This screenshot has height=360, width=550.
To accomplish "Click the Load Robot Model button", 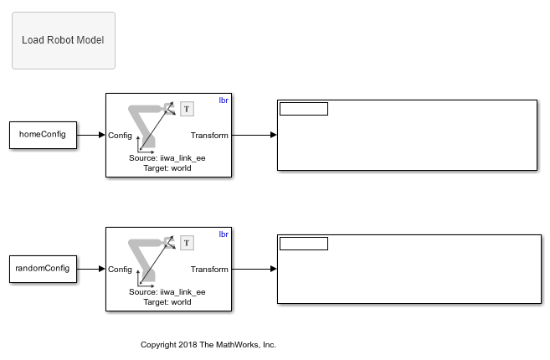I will click(x=63, y=40).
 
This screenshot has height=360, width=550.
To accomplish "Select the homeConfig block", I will click(x=42, y=135).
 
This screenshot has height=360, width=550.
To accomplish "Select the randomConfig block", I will click(x=42, y=269).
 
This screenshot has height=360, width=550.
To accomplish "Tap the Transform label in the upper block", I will click(x=209, y=135).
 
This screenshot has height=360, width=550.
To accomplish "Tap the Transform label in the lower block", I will click(x=209, y=269).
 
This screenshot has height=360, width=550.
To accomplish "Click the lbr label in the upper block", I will click(x=224, y=100).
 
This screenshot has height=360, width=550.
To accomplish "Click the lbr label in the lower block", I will click(x=224, y=234).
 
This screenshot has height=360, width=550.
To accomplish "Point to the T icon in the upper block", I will click(x=187, y=108).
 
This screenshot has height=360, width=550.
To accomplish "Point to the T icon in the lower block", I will click(x=187, y=242).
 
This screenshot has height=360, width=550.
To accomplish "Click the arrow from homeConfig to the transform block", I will click(x=90, y=135).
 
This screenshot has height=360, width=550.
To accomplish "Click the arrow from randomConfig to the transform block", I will click(x=90, y=269).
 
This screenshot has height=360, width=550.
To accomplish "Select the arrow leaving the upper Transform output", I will click(x=254, y=135).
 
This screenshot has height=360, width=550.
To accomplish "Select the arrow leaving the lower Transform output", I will click(x=254, y=269).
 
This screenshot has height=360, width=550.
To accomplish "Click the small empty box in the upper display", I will click(x=303, y=109).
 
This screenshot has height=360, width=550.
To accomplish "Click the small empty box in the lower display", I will click(x=303, y=244).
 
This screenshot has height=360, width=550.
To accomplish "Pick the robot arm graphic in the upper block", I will click(x=147, y=125).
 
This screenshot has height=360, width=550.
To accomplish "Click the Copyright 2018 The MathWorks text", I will click(x=208, y=344).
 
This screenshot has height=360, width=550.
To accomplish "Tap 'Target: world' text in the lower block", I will click(x=167, y=301).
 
